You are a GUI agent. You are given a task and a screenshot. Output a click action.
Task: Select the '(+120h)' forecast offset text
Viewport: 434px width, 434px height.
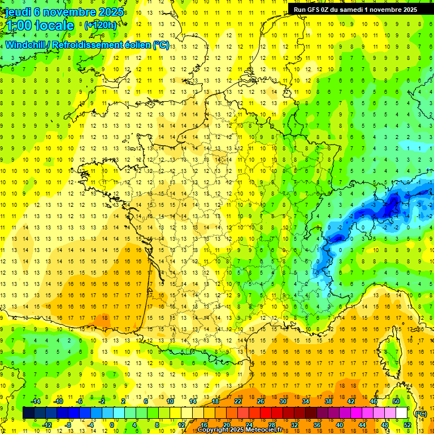point(101,25)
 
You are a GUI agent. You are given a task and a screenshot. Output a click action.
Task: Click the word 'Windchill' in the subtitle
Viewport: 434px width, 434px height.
point(27,45)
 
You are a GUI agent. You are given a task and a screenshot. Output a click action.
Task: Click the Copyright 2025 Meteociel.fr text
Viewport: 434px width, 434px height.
point(244,429)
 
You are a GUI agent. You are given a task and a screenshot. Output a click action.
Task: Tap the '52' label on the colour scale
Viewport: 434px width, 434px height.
point(407,425)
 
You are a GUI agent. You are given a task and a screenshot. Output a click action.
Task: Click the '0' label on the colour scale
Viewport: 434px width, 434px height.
point(111,425)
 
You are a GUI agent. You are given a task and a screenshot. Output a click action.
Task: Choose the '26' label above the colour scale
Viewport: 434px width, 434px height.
point(261,401)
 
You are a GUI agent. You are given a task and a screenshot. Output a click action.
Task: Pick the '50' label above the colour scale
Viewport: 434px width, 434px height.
point(396,401)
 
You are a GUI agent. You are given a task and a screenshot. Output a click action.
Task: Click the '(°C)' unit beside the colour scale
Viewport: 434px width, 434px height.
point(420,413)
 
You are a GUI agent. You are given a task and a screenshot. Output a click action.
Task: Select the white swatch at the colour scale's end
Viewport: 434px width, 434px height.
point(402,413)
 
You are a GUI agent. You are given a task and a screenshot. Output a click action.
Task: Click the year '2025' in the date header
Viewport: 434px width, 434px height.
point(111,12)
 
